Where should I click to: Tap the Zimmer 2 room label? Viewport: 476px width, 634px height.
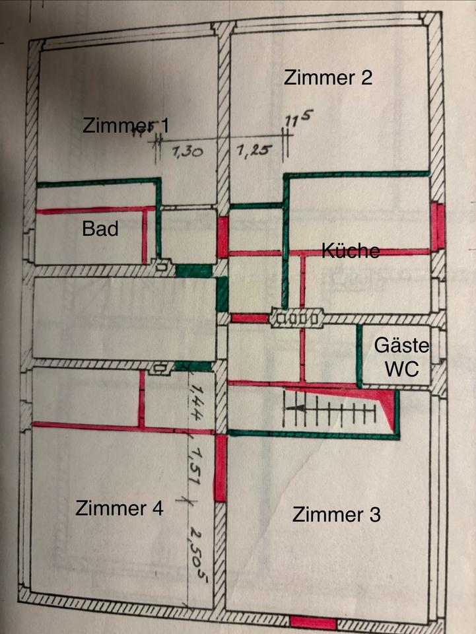point(328,77)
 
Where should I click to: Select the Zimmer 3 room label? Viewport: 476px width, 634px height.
point(337,514)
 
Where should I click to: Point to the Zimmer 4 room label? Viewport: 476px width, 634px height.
point(119,509)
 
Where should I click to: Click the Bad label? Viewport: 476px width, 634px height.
point(100,229)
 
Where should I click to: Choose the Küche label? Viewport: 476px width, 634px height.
point(351,251)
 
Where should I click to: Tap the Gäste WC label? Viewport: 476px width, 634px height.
point(401,357)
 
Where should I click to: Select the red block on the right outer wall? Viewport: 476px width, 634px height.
point(436,226)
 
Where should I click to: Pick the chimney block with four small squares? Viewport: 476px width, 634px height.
point(296,319)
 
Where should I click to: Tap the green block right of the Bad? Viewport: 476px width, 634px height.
point(194,271)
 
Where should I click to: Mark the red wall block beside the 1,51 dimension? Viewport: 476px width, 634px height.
point(221,468)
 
